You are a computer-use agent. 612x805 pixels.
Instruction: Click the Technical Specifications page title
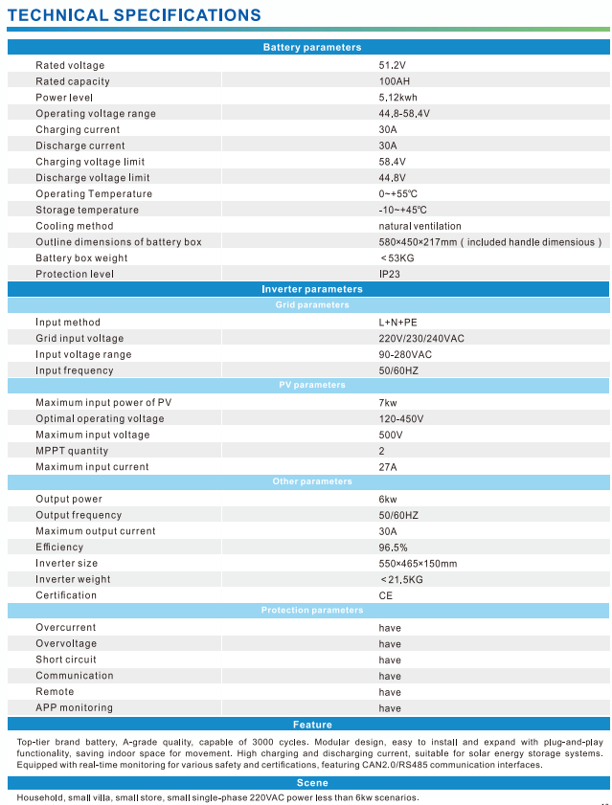click(134, 15)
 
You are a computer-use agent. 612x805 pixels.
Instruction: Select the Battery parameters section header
click(312, 48)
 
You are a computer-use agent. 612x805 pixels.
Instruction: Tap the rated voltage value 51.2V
click(393, 65)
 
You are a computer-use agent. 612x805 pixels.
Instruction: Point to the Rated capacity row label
click(73, 81)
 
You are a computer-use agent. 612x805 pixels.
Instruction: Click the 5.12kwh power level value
click(398, 98)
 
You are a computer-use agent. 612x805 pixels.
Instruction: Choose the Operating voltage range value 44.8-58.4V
click(404, 114)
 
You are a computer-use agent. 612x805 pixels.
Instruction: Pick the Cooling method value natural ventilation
click(419, 226)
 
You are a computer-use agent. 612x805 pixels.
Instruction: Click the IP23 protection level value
click(390, 274)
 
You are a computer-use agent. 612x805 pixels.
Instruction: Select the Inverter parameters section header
click(312, 289)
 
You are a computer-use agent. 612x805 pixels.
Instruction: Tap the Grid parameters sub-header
click(312, 305)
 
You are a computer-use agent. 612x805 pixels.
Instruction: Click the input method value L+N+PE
click(398, 323)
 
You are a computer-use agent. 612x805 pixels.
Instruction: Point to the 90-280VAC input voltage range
click(405, 354)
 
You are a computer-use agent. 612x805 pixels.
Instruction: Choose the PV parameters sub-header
click(312, 385)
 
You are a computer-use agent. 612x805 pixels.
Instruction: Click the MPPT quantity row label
click(72, 451)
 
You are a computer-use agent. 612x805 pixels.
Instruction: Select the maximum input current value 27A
click(388, 467)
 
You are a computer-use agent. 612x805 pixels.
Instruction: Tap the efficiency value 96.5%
click(394, 548)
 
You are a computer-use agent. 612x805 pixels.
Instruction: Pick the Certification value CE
click(386, 595)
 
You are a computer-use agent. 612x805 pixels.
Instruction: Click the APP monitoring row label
click(74, 707)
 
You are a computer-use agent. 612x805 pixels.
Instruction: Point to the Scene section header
click(312, 783)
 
